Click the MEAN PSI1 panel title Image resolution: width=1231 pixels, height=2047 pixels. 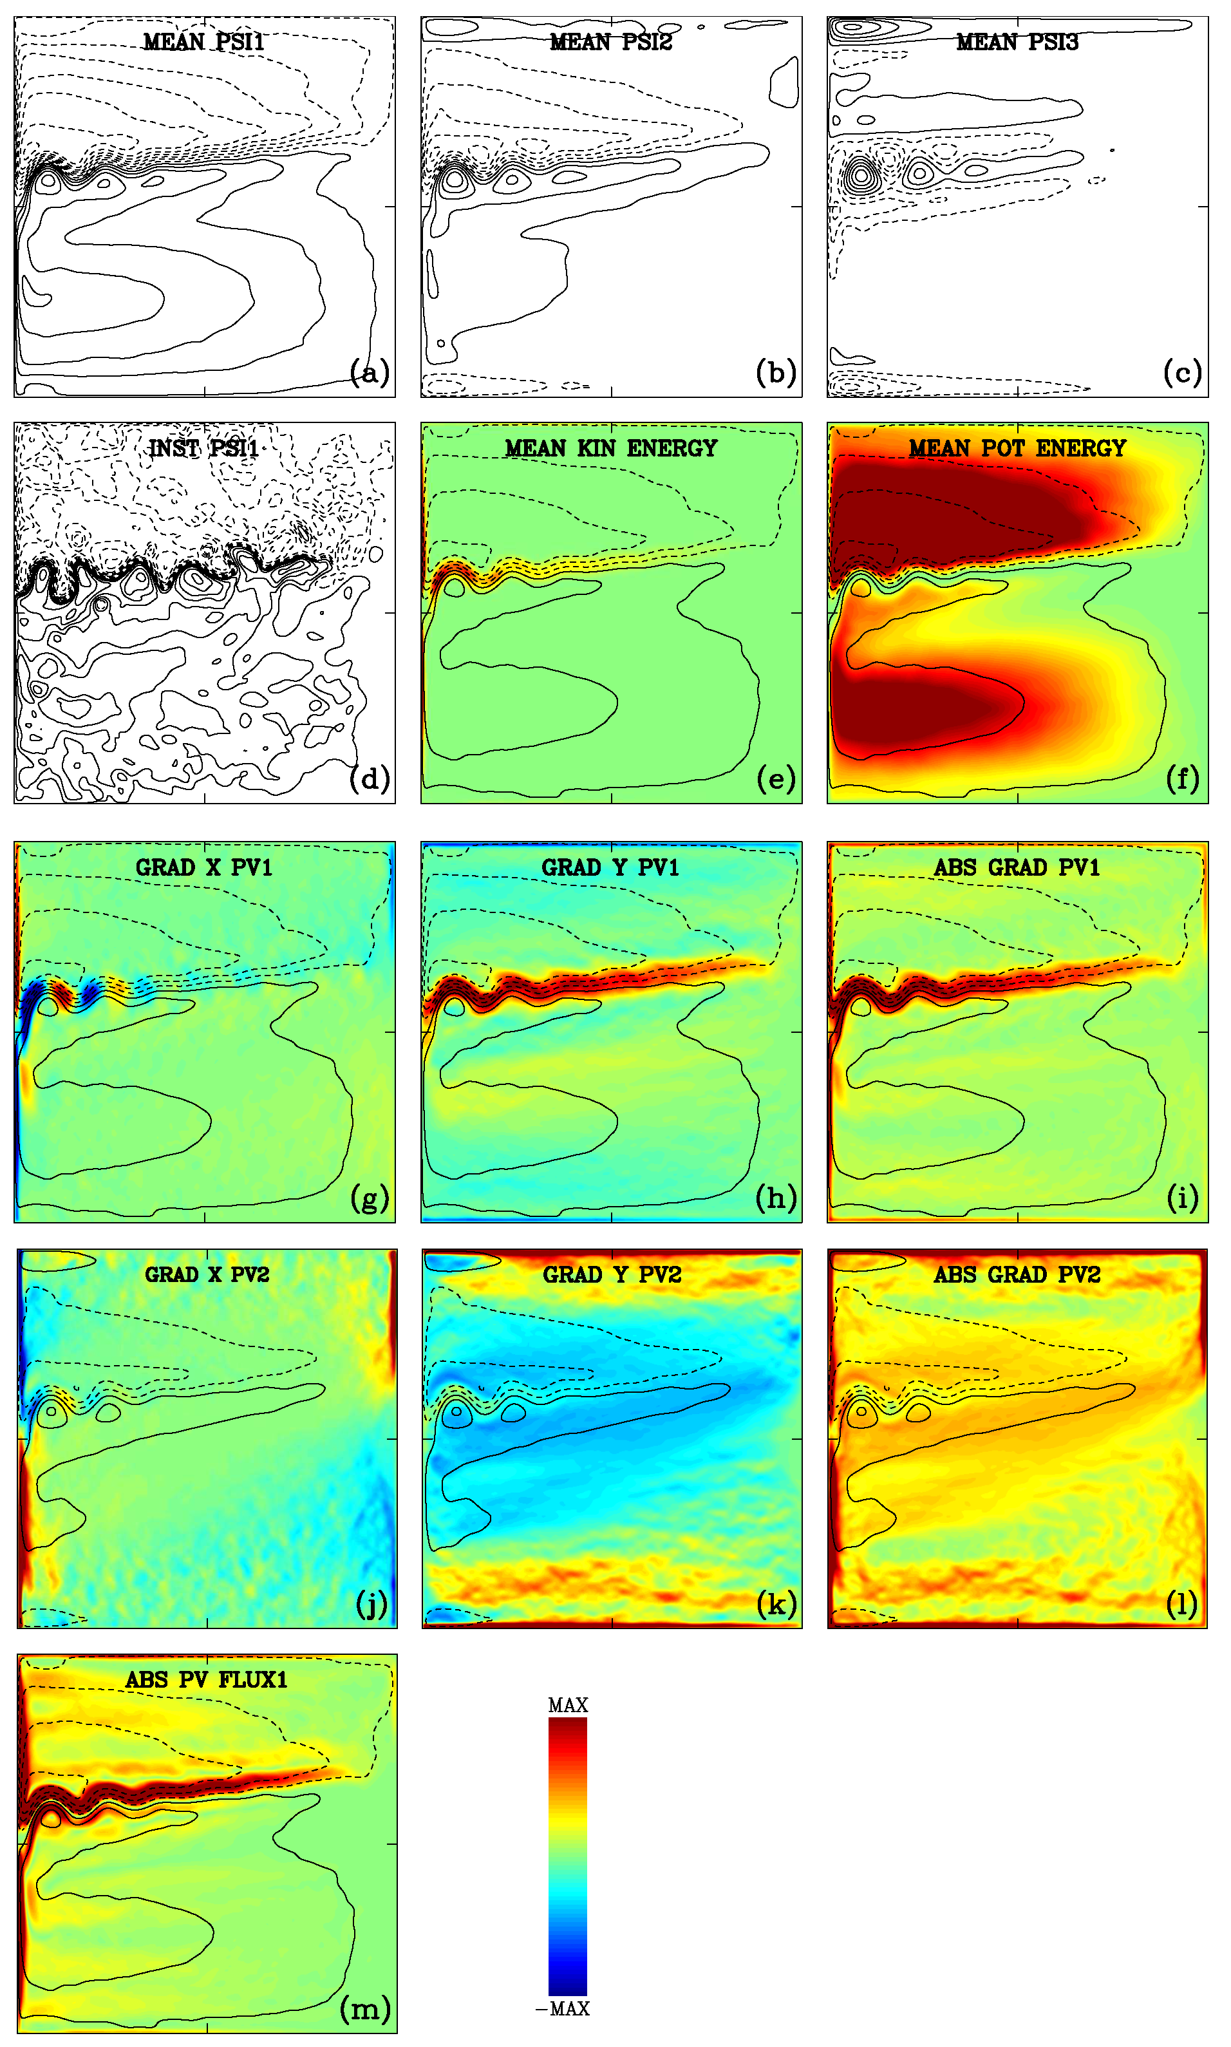pyautogui.click(x=204, y=41)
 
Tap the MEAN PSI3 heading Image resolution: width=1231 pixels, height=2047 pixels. pyautogui.click(x=1017, y=41)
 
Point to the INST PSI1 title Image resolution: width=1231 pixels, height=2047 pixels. pyautogui.click(x=204, y=448)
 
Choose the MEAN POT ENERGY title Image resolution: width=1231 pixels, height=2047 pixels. pyautogui.click(x=1017, y=448)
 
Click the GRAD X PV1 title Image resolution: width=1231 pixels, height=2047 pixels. pyautogui.click(x=204, y=867)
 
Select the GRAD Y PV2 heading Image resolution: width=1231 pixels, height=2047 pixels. pyautogui.click(x=612, y=1274)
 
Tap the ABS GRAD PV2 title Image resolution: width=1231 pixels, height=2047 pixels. pyautogui.click(x=1017, y=1274)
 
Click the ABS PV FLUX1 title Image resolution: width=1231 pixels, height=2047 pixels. pyautogui.click(x=206, y=1679)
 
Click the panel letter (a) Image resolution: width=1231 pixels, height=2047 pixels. pyautogui.click(x=369, y=372)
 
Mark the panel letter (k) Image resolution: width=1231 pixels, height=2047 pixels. pyautogui.click(x=776, y=1603)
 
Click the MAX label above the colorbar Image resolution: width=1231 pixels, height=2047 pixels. pyautogui.click(x=567, y=1705)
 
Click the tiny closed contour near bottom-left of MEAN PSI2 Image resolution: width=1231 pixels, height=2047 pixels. pyautogui.click(x=440, y=343)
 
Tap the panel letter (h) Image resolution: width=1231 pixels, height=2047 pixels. pyautogui.click(x=776, y=1198)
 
